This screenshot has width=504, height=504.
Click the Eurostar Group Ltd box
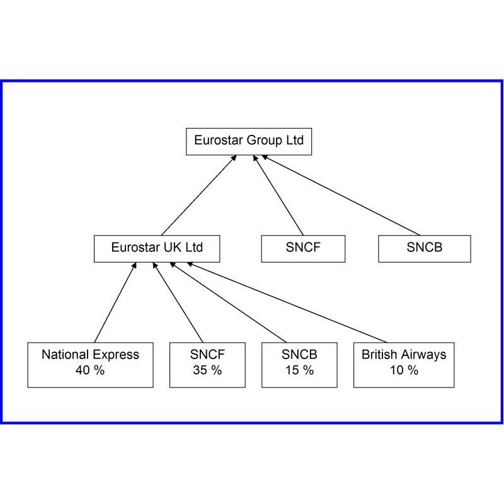click(249, 141)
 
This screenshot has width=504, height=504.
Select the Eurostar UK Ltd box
click(157, 249)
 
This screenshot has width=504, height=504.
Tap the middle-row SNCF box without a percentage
click(303, 249)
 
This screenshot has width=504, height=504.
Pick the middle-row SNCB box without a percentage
click(424, 249)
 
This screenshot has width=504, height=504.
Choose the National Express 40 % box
click(90, 365)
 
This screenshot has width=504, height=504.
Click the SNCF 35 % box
click(207, 365)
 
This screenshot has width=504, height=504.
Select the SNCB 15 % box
click(299, 365)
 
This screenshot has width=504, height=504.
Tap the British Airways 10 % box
click(404, 365)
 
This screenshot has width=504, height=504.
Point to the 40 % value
click(90, 370)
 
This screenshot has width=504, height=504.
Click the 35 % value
click(207, 370)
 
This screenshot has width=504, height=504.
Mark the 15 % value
click(299, 370)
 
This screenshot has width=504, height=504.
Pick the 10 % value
click(404, 370)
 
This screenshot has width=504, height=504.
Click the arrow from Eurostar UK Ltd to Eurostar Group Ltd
click(199, 195)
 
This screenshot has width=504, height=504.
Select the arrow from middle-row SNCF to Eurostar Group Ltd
click(278, 195)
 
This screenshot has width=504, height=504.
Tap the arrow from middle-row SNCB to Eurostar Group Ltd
click(341, 195)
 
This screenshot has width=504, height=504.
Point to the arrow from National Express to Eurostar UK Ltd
click(115, 302)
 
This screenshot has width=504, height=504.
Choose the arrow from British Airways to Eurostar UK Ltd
click(287, 302)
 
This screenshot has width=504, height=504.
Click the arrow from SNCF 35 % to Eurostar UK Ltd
click(178, 302)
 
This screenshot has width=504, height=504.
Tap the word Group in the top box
click(265, 140)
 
